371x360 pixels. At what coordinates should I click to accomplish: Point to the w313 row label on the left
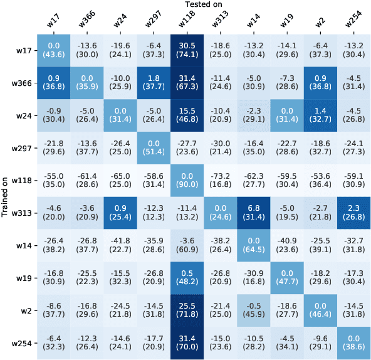pyautogui.click(x=23, y=213)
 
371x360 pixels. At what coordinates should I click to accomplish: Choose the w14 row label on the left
pyautogui.click(x=25, y=246)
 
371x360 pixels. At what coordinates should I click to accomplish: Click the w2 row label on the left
pyautogui.click(x=27, y=311)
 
